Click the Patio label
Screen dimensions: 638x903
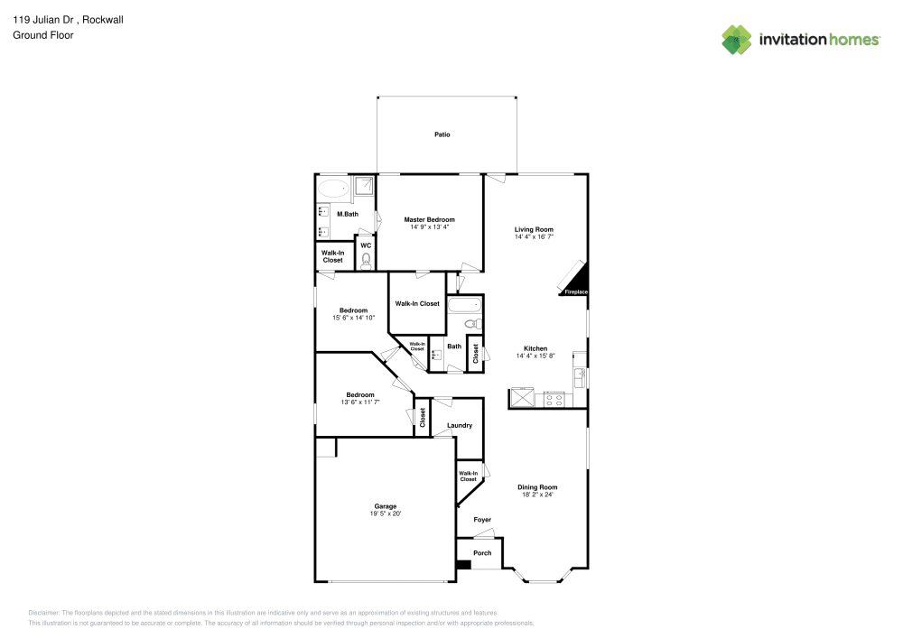click(442, 134)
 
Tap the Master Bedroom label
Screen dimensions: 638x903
click(429, 219)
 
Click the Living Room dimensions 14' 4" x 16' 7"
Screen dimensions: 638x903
click(534, 237)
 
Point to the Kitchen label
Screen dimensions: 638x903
click(535, 348)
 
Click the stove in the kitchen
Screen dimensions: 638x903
click(554, 398)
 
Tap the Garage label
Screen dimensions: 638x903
click(386, 506)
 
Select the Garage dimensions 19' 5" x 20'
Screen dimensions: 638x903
click(386, 514)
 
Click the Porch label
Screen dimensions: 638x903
click(482, 553)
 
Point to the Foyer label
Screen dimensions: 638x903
click(482, 520)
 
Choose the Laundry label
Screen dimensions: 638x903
click(460, 425)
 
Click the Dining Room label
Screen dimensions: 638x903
click(536, 487)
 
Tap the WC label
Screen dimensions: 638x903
click(366, 245)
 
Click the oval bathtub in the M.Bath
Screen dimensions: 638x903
click(333, 189)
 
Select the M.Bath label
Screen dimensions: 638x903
click(347, 215)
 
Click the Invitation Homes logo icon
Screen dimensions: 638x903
click(737, 39)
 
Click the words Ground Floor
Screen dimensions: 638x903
click(43, 35)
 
